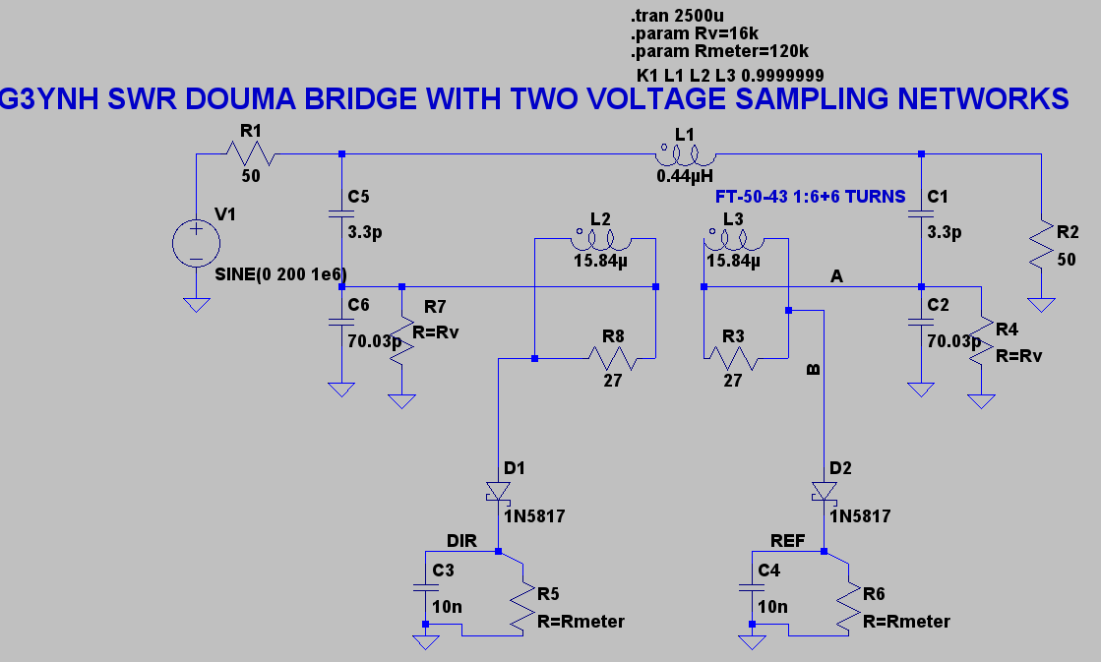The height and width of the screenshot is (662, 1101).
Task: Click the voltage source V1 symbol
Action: pyautogui.click(x=197, y=242)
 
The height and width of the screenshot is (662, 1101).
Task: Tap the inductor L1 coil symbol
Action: pyautogui.click(x=685, y=154)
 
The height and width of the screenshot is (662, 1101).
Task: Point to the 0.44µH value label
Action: pyautogui.click(x=686, y=177)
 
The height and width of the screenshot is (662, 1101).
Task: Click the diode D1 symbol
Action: pyautogui.click(x=499, y=490)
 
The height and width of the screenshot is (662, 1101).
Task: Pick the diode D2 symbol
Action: pyautogui.click(x=823, y=490)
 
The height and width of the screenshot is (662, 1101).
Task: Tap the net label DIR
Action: pyautogui.click(x=461, y=540)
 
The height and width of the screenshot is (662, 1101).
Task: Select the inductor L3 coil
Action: pyautogui.click(x=731, y=239)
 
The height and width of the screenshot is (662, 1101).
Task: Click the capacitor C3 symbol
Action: pyautogui.click(x=425, y=588)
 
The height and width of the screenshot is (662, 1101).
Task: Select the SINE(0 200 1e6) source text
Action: pyautogui.click(x=280, y=272)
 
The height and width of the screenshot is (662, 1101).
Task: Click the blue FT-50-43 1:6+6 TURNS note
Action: pyautogui.click(x=811, y=197)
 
